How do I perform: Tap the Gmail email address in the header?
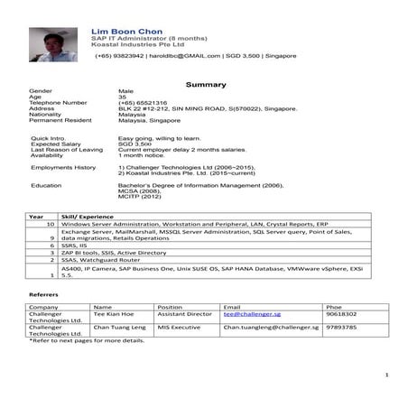click(185, 56)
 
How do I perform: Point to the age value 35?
click(123, 97)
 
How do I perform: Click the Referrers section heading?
click(44, 294)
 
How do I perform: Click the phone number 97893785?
click(343, 329)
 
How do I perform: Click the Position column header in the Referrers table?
click(171, 306)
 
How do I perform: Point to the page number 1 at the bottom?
click(385, 374)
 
